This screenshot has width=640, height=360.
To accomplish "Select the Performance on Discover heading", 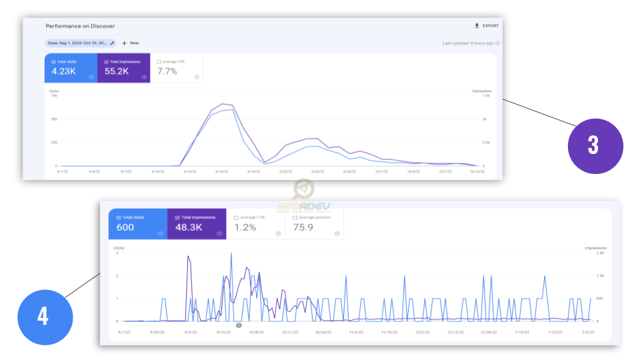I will pos(80,26).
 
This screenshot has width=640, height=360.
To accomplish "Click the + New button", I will pos(130,43).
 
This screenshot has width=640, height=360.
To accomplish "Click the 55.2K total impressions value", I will pos(117,71).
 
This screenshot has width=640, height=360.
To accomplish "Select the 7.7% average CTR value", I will pos(167,71).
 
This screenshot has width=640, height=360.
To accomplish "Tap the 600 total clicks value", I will pos(125,227).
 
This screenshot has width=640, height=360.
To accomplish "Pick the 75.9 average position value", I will pos(304,227).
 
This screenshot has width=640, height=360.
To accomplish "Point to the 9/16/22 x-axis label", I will pos(222,171).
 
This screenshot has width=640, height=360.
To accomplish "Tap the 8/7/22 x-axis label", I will pos(123,331).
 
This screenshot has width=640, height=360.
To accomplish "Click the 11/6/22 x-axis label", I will pos(353,331).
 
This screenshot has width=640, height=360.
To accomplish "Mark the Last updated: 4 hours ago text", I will pos(469,43).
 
